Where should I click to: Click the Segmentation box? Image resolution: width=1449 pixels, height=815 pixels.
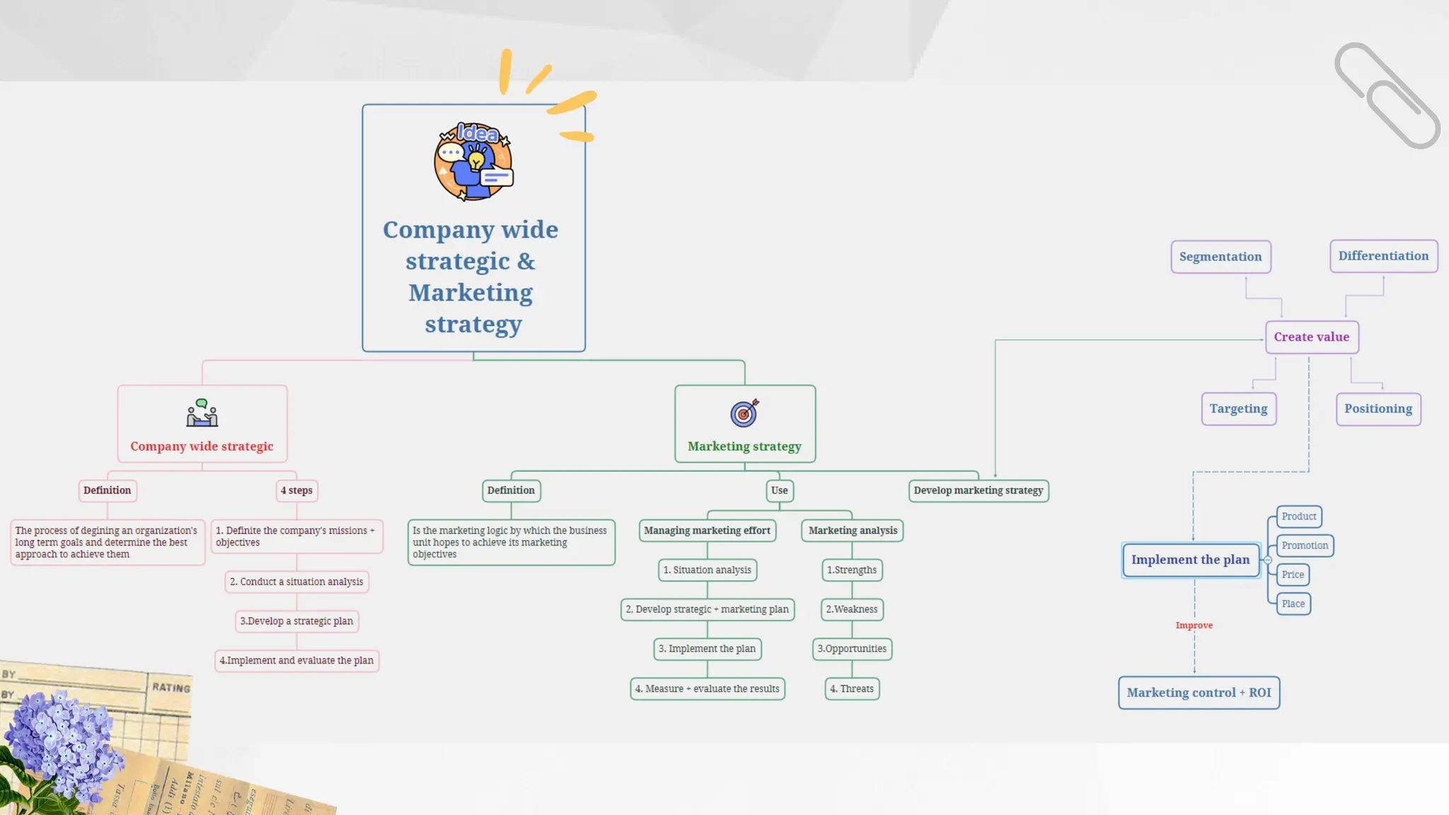(x=1220, y=257)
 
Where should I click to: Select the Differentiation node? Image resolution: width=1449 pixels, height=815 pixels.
(x=1383, y=256)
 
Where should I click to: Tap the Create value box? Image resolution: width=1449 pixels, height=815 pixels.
(x=1312, y=337)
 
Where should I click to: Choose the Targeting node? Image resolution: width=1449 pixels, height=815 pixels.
(x=1238, y=409)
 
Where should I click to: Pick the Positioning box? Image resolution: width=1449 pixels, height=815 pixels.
(x=1378, y=409)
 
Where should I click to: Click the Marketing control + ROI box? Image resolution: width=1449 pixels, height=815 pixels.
(x=1199, y=693)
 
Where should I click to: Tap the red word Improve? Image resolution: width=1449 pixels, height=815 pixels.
(x=1194, y=625)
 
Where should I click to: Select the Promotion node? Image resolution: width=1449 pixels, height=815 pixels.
(x=1305, y=545)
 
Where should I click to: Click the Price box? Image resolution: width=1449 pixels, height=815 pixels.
(x=1293, y=574)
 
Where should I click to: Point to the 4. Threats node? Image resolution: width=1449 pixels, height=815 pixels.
(x=852, y=688)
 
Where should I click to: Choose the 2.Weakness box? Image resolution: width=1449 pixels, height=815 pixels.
(x=852, y=609)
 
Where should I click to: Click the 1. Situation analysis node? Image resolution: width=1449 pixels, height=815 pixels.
(x=708, y=570)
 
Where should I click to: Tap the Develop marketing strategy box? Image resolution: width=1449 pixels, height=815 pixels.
(x=978, y=490)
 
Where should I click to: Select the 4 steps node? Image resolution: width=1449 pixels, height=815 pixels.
(x=296, y=490)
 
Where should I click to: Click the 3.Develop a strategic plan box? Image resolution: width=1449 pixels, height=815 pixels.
(x=296, y=621)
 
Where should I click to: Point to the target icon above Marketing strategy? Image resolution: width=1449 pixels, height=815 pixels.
(x=744, y=413)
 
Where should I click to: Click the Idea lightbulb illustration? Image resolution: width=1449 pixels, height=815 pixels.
(x=473, y=162)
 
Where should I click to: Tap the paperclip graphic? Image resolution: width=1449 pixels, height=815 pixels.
(x=1387, y=96)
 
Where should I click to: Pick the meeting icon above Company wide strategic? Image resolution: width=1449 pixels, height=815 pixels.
(x=202, y=413)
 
